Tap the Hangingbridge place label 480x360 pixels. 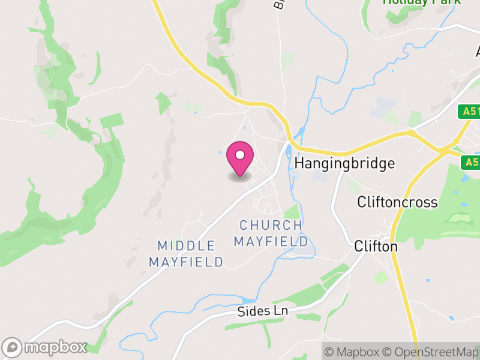345,163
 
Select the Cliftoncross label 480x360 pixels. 397,202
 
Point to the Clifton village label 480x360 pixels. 376,246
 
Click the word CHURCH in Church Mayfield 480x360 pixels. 271,226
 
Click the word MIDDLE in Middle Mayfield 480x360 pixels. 187,246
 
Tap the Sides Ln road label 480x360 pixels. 263,311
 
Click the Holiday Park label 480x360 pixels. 422,2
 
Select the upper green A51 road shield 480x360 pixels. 470,112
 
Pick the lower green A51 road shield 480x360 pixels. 471,162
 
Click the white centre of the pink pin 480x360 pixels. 240,155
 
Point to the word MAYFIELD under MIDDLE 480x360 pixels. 186,262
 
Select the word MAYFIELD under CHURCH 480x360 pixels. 271,242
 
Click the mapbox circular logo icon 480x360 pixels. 13,347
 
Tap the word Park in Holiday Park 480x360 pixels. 446,2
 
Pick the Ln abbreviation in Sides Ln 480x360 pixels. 281,311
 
